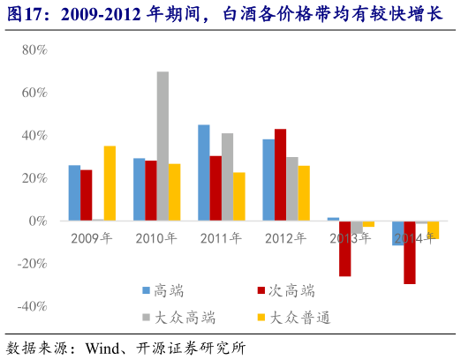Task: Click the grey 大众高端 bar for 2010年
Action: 162,146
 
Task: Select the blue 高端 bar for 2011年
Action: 204,173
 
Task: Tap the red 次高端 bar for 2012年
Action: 280,175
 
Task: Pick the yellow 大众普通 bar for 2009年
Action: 110,184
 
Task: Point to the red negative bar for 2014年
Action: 409,252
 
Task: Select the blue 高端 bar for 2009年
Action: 74,193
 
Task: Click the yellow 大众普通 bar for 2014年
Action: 433,229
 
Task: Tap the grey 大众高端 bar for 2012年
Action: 292,189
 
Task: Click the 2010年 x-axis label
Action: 156,238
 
